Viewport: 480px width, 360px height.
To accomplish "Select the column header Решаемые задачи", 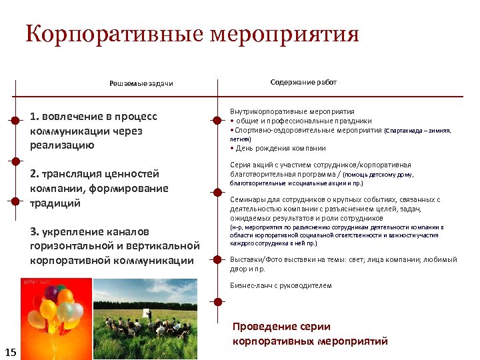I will (141, 84).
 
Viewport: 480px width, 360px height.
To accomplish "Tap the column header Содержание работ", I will (303, 82).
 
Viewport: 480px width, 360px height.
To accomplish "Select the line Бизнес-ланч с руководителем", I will (281, 285).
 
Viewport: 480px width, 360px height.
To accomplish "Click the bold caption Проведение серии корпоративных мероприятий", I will (310, 334).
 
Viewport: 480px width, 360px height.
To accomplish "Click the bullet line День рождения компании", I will (280, 148).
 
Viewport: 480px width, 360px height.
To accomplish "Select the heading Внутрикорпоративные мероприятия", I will (292, 111).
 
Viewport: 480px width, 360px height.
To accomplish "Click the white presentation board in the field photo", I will (145, 313).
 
